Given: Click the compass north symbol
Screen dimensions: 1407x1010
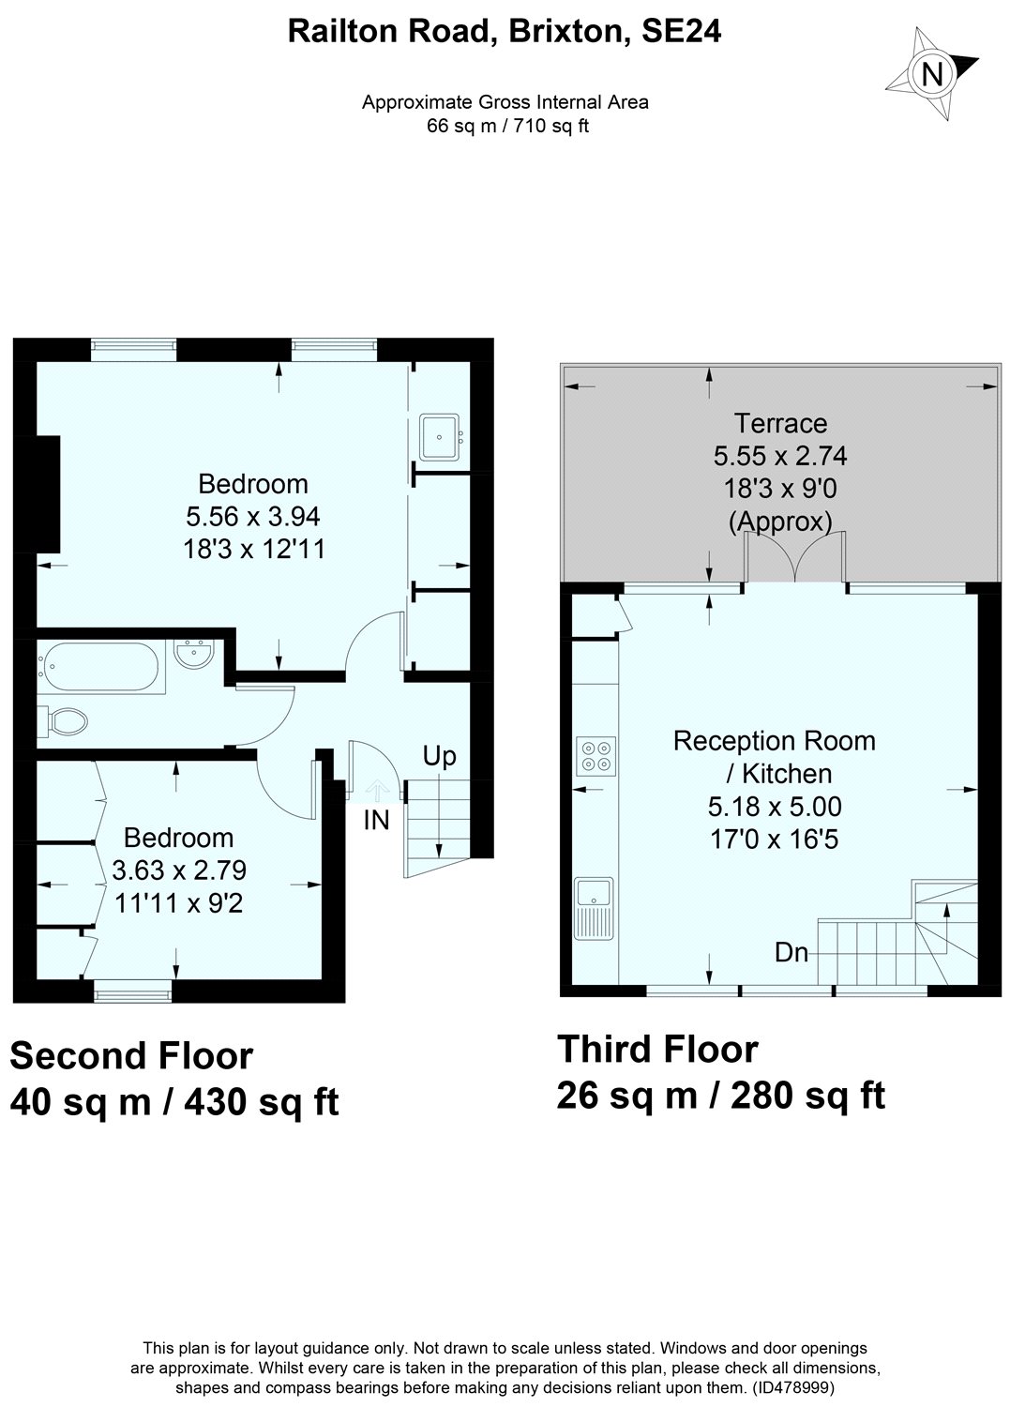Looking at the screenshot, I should point(932,73).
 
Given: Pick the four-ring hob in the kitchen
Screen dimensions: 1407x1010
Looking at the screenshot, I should point(594,755).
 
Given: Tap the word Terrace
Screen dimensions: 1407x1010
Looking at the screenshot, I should point(780,423).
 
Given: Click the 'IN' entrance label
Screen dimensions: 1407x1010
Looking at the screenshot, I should point(376,821).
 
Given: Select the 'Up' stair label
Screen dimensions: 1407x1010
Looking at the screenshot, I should point(439,755).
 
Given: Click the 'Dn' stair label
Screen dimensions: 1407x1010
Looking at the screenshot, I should point(791,953).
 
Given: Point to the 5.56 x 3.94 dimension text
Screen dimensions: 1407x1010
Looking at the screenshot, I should point(253,516).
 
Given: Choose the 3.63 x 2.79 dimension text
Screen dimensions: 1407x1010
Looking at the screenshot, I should point(179,870).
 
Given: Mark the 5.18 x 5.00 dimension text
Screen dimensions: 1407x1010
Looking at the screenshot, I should point(775,806).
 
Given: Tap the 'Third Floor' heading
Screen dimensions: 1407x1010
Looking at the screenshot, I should point(657,1049).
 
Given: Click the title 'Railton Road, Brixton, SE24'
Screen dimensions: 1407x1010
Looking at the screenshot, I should point(505,32).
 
